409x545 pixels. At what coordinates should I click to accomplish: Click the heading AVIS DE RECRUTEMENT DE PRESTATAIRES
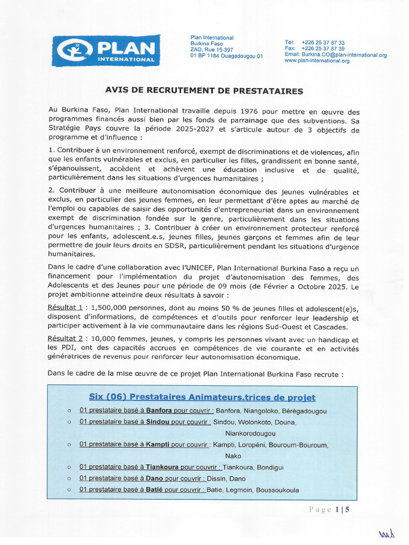204,91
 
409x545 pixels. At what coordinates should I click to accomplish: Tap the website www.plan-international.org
317,61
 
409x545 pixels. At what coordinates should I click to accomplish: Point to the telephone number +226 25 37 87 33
323,43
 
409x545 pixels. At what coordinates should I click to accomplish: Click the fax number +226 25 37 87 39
323,48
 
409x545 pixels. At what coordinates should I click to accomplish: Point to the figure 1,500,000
109,308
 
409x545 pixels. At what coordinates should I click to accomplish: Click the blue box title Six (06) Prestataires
202,398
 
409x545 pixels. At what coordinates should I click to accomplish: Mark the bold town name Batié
154,490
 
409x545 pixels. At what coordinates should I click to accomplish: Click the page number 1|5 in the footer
342,509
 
